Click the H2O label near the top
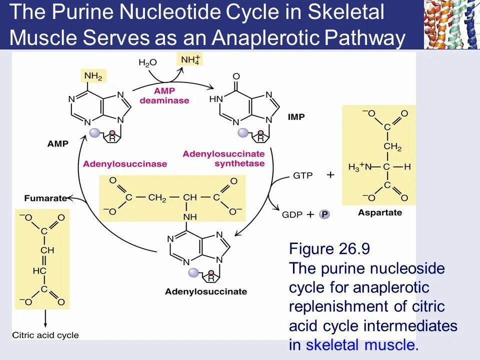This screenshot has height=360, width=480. click(x=147, y=62)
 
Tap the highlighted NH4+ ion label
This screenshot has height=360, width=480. click(x=189, y=60)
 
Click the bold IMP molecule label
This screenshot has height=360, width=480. click(x=296, y=117)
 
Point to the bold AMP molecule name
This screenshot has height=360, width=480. click(x=58, y=143)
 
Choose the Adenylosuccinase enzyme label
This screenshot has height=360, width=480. click(x=125, y=164)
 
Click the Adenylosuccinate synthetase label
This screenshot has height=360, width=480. click(x=223, y=158)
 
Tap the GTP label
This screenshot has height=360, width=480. click(x=302, y=175)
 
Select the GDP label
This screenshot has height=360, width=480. click(x=292, y=214)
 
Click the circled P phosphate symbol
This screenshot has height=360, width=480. click(x=325, y=214)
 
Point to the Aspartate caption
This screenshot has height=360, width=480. click(x=380, y=213)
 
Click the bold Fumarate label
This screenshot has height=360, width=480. click(x=45, y=198)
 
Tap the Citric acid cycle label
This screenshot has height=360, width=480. click(x=45, y=335)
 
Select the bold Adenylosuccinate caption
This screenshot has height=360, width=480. click(x=206, y=291)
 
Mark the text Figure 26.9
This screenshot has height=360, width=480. click(x=329, y=249)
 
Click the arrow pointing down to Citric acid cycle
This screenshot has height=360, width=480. click(x=45, y=319)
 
